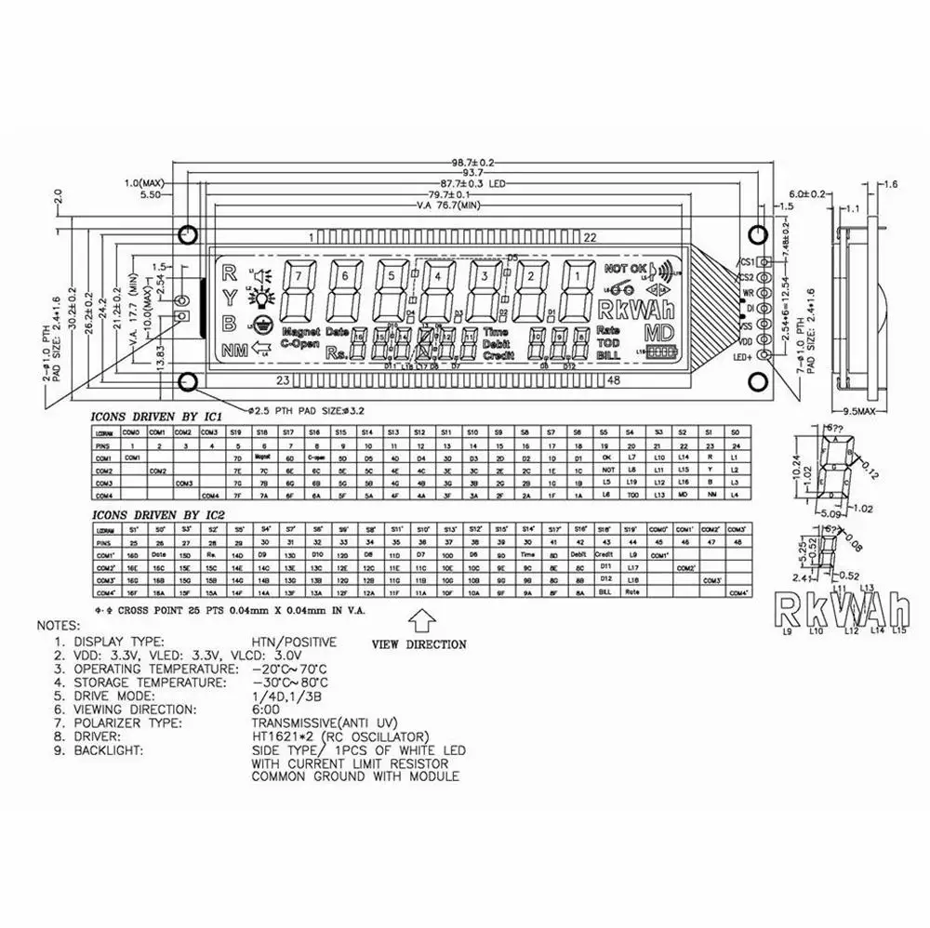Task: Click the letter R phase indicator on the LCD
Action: [x=228, y=274]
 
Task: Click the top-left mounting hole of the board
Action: [x=188, y=232]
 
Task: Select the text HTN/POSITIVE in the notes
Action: [x=294, y=642]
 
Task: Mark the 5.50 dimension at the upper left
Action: [x=149, y=195]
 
